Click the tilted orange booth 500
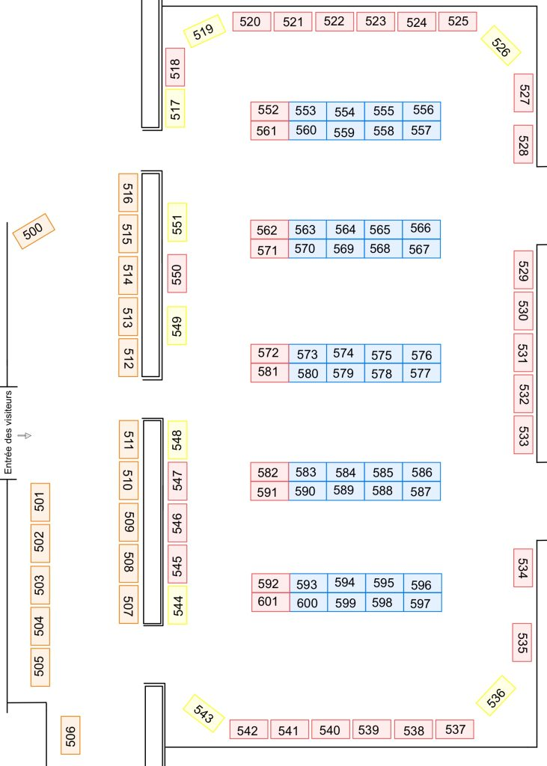pos(34,231)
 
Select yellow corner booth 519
pos(204,31)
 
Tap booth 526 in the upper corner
pos(501,46)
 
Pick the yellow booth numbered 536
pos(496,694)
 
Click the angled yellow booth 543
pos(204,714)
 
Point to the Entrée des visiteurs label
pos(9,432)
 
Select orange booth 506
pos(70,735)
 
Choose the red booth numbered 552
pos(269,111)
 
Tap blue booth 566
pos(422,229)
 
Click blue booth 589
pos(344,491)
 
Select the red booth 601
pos(269,602)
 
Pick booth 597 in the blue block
pos(421,603)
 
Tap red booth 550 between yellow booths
pos(177,274)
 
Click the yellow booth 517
pos(175,108)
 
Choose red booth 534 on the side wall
pos(523,568)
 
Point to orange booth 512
pos(128,358)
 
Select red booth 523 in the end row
pos(376,22)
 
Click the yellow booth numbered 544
pos(177,604)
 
